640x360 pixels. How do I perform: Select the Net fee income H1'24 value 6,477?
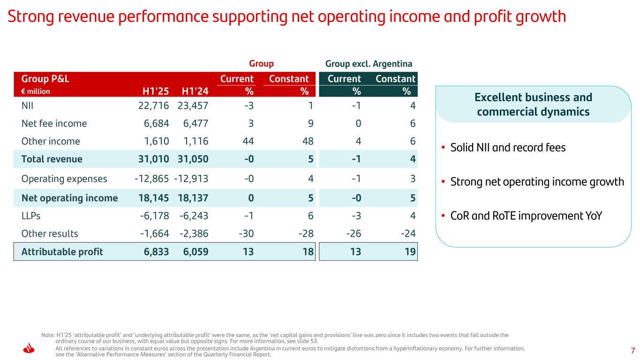point(193,124)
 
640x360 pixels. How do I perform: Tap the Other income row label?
point(51,141)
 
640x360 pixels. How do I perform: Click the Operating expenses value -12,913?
point(191,179)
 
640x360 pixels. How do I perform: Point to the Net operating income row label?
point(69,198)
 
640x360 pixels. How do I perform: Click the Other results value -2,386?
point(194,233)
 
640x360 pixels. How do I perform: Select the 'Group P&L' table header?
point(42,79)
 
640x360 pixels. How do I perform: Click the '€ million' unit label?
point(36,91)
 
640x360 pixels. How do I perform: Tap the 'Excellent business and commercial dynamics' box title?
point(533,105)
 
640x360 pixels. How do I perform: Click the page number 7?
point(632,351)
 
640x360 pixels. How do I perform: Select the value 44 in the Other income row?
point(248,141)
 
